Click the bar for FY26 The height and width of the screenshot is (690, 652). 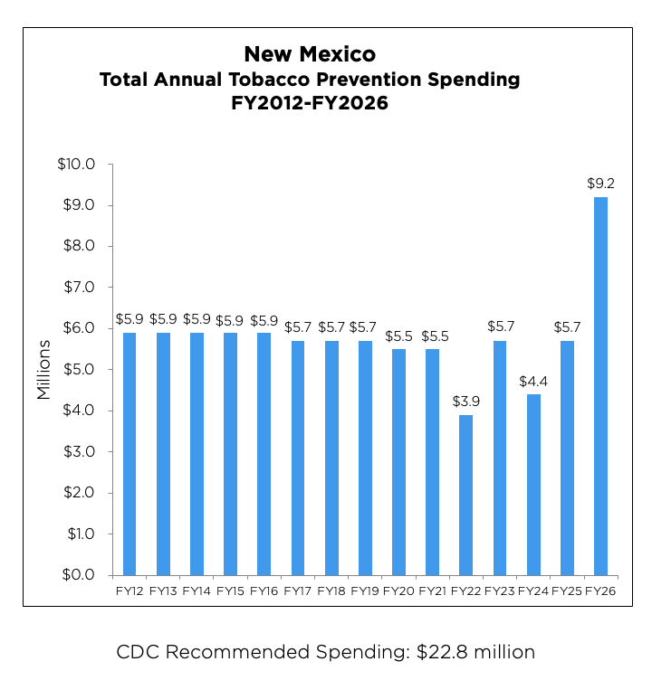point(600,386)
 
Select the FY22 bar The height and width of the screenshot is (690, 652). point(465,495)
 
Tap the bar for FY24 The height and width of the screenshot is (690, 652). point(532,484)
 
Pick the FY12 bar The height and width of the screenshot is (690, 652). point(129,454)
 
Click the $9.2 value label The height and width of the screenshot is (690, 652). point(600,184)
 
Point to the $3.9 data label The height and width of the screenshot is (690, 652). point(465,402)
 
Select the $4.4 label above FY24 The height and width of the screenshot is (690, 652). point(532,381)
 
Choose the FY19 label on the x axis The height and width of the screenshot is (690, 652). point(364,591)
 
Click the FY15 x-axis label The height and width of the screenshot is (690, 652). point(230,591)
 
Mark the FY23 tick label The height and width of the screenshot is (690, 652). point(499,591)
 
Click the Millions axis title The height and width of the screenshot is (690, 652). point(43,369)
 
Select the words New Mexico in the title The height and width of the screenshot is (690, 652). point(310,54)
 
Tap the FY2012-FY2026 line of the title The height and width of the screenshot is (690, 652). point(310,103)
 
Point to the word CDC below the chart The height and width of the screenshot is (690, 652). point(137,652)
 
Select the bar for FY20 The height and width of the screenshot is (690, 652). point(398,462)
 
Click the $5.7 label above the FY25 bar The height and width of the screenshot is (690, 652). point(567,327)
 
